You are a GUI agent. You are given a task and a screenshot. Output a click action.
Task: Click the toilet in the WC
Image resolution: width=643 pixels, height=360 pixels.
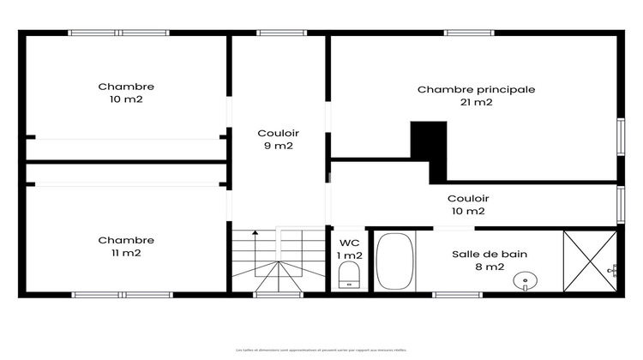(349, 275)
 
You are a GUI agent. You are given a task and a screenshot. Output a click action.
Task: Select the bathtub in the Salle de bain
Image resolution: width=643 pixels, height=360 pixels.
(395, 261)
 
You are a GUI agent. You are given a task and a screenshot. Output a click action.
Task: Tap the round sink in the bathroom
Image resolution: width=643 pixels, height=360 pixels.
(522, 279)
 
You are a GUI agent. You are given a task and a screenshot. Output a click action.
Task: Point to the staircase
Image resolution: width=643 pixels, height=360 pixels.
(275, 261)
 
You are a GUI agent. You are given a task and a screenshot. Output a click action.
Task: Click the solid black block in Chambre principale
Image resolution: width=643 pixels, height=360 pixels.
(429, 147)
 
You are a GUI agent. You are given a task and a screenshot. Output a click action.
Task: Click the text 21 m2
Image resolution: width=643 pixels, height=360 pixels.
(477, 102)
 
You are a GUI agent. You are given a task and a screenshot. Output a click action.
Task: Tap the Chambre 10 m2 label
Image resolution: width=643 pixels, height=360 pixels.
(126, 93)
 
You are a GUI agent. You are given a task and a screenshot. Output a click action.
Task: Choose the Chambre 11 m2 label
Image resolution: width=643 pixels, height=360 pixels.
(126, 246)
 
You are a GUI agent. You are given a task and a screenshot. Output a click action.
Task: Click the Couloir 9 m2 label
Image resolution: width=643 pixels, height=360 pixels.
(279, 139)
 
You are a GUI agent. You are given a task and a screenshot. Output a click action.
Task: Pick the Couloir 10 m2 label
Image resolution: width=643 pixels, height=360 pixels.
(468, 204)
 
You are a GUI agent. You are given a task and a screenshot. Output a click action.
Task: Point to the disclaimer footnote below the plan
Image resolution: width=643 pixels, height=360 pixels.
(321, 350)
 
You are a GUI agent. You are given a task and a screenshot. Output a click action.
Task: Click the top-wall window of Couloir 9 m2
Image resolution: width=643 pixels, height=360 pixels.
(276, 33)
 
